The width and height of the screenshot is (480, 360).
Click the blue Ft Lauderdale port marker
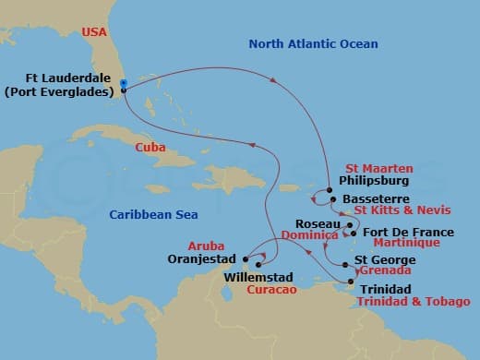[123, 83]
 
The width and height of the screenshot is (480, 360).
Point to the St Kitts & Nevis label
[399, 211]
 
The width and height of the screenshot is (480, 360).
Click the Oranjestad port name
[205, 259]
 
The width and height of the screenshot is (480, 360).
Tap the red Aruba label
[205, 246]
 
